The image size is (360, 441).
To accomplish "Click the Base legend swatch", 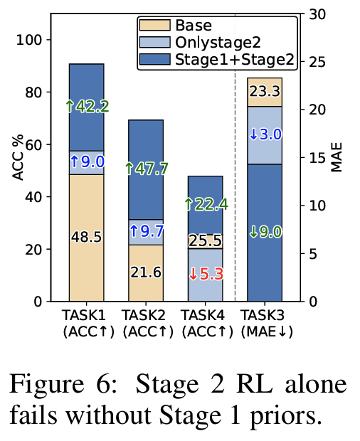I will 153,27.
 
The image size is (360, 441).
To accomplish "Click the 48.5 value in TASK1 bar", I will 86,236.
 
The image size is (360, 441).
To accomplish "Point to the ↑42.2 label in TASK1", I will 86,107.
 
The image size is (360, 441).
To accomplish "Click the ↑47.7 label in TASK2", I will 145,169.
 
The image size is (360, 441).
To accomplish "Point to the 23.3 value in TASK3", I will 264,91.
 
